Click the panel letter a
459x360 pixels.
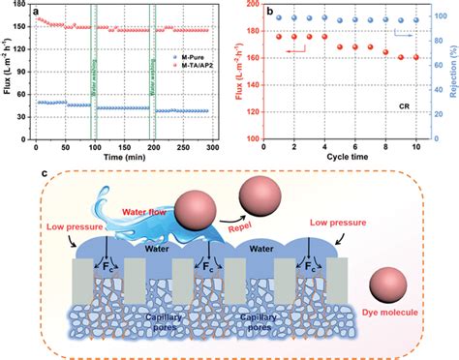pyautogui.click(x=37, y=13)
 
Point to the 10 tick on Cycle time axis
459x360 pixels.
pyautogui.click(x=416, y=146)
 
